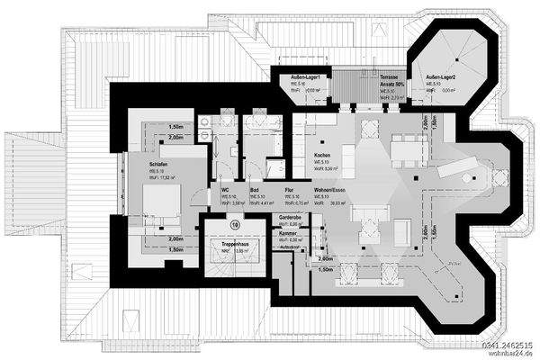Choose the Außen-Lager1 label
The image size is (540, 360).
click(x=306, y=76)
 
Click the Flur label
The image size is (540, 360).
click(x=289, y=190)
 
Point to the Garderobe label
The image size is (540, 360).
click(x=291, y=217)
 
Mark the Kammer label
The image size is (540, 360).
click(x=288, y=232)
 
